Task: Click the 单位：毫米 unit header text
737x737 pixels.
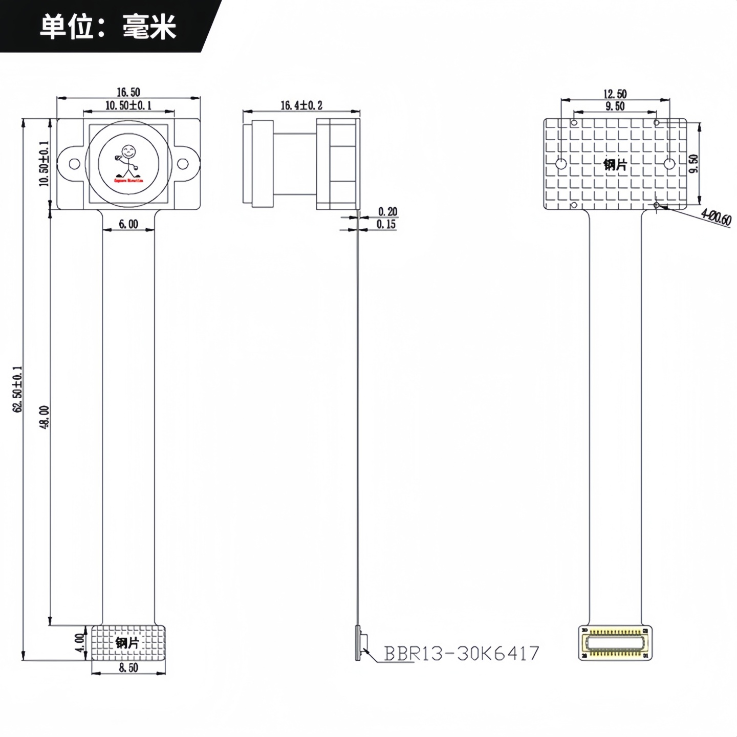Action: point(108,27)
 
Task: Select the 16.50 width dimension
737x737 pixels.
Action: point(128,92)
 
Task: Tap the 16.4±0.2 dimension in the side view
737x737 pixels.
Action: point(301,105)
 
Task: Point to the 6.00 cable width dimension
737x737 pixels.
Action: point(128,224)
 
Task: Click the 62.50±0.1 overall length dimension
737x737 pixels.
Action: point(18,389)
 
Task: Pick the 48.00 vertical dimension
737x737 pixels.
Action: point(45,417)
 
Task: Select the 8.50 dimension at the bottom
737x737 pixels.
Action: point(128,668)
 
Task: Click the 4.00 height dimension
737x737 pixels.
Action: point(79,642)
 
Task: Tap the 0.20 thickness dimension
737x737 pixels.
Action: point(387,212)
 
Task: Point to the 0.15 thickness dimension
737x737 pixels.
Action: point(386,225)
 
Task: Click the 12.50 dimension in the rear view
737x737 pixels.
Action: point(615,94)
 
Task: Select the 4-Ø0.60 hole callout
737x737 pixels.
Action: point(716,217)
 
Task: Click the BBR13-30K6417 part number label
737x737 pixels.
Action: point(462,654)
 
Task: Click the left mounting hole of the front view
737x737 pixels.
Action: point(75,164)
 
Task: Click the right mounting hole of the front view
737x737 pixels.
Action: point(182,164)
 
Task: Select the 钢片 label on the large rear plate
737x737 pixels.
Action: point(615,165)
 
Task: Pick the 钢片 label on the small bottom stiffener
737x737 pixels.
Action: point(127,643)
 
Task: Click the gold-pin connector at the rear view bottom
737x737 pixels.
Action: point(615,643)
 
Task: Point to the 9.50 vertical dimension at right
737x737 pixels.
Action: point(694,164)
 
